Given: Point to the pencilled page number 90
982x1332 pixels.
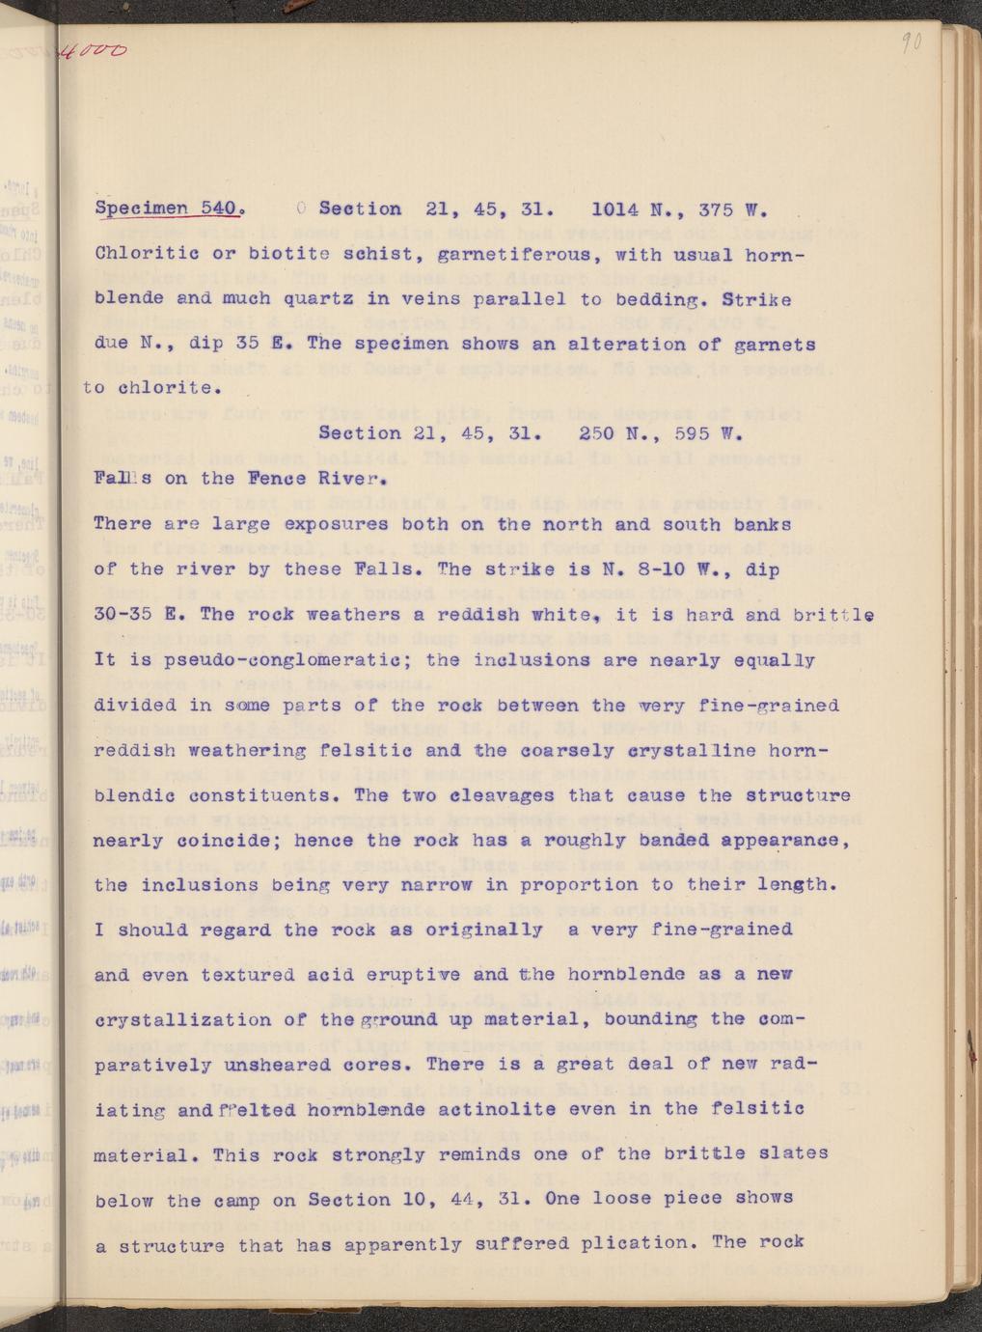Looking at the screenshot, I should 910,43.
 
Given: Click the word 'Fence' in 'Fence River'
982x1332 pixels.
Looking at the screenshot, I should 278,478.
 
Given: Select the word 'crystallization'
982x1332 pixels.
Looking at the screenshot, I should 178,1019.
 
